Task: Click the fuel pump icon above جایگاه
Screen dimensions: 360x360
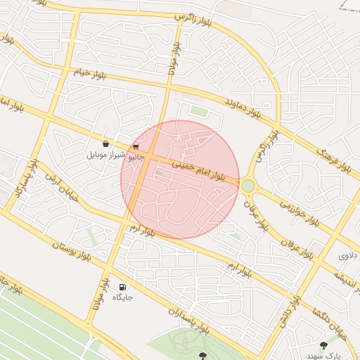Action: (123, 286)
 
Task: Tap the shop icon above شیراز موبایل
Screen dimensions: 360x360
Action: (105, 144)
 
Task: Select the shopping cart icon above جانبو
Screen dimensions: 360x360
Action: (135, 147)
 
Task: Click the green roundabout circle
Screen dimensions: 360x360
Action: (247, 186)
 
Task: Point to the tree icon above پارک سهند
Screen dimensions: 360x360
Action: (323, 345)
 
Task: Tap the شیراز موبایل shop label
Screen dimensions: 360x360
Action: (105, 154)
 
